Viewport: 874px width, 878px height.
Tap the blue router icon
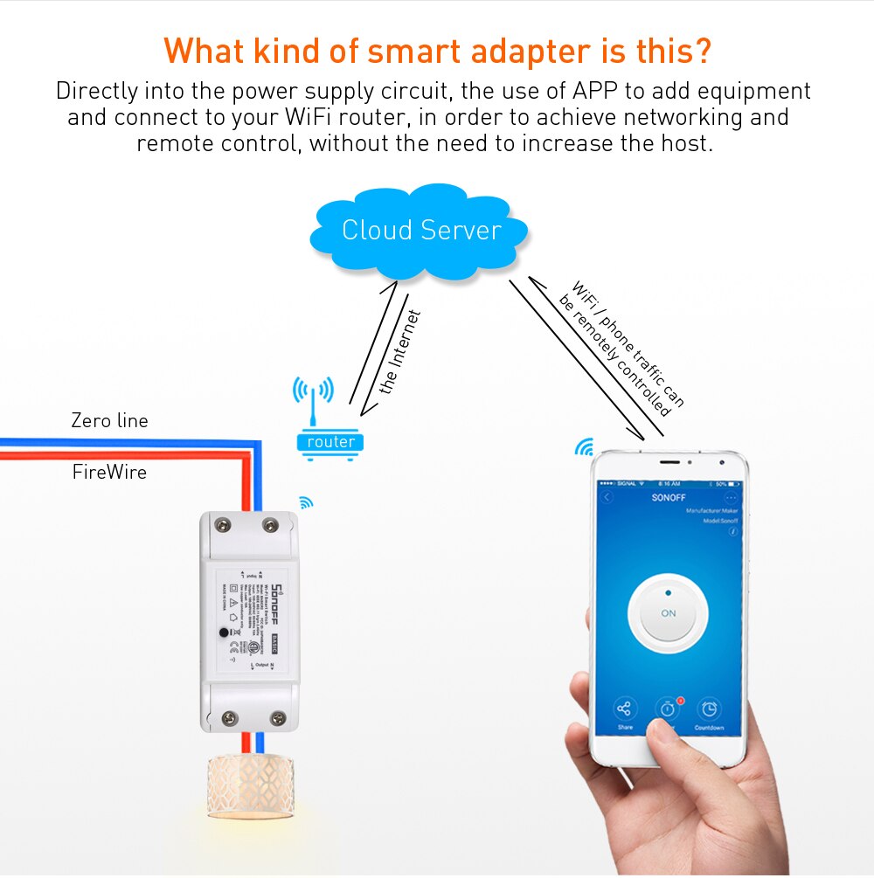(330, 441)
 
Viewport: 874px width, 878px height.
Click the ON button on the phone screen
(669, 613)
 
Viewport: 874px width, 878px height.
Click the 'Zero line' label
(109, 421)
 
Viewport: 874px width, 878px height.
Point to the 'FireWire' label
(109, 473)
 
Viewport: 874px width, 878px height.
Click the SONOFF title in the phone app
(669, 497)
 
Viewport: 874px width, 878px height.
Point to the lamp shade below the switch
(250, 786)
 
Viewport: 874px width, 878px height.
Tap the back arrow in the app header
(608, 497)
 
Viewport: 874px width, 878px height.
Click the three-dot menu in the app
(732, 497)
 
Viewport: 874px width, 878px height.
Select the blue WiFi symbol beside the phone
(583, 448)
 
